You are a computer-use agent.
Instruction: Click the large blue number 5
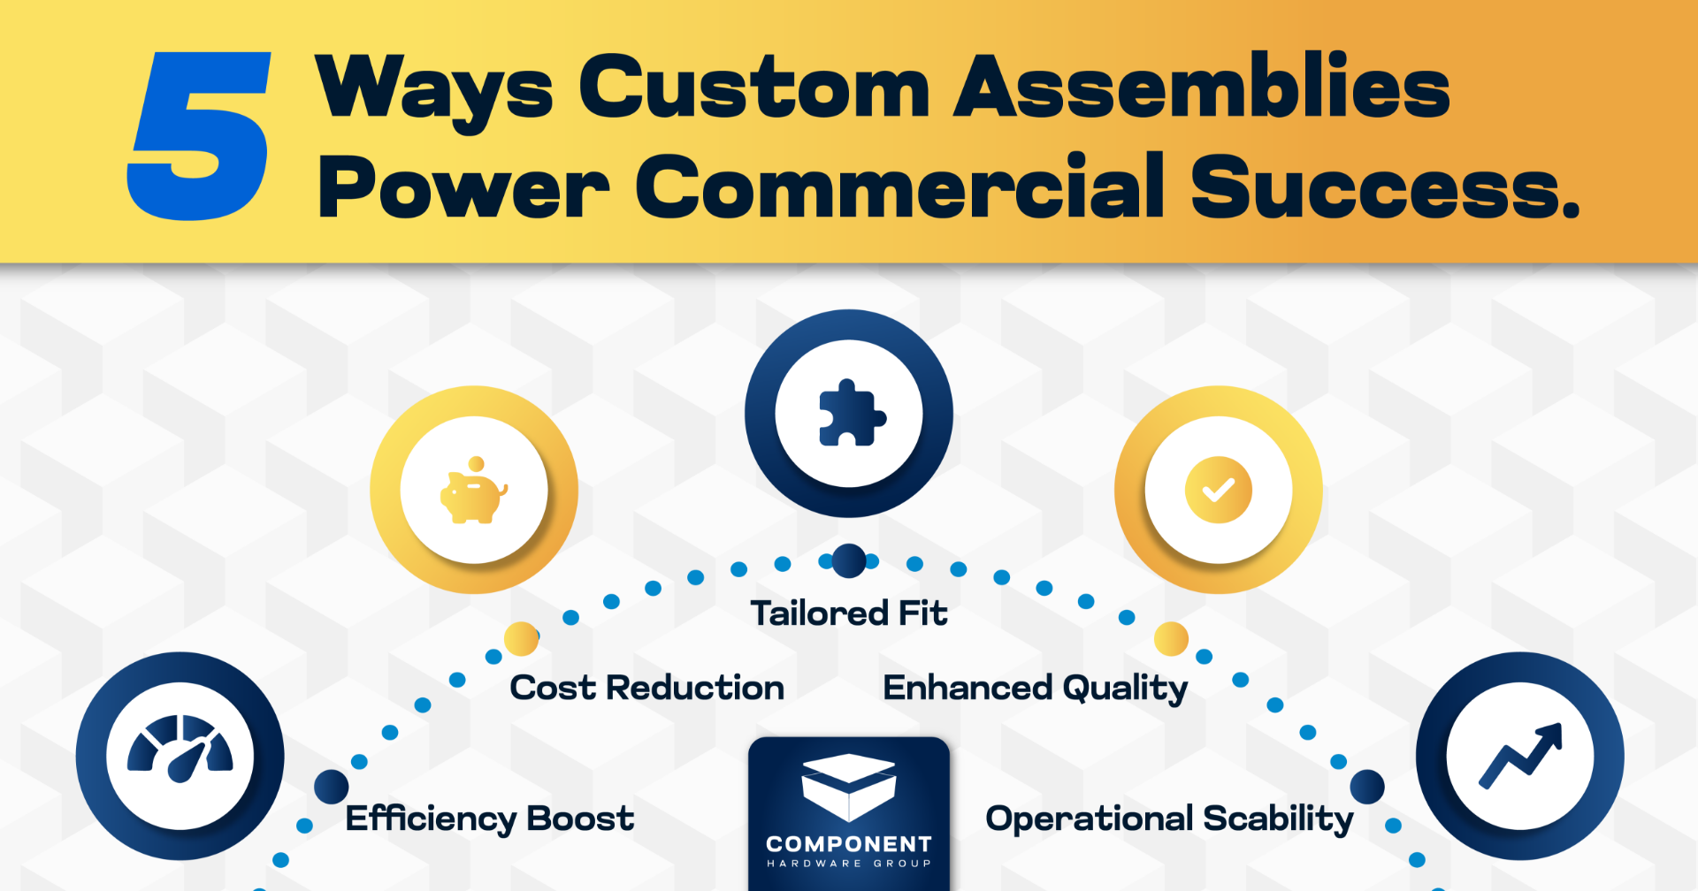(199, 135)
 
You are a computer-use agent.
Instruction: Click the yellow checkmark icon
(1219, 490)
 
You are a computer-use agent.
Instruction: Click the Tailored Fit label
(849, 613)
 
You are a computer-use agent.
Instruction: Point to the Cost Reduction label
(647, 688)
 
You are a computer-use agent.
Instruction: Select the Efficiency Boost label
(490, 819)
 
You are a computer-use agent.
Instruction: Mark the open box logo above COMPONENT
(849, 786)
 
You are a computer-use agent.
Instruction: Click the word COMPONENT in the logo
(849, 844)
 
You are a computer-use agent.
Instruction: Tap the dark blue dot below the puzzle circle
(849, 560)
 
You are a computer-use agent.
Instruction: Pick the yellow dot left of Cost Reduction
(521, 638)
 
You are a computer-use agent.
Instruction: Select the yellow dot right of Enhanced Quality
(1171, 638)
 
